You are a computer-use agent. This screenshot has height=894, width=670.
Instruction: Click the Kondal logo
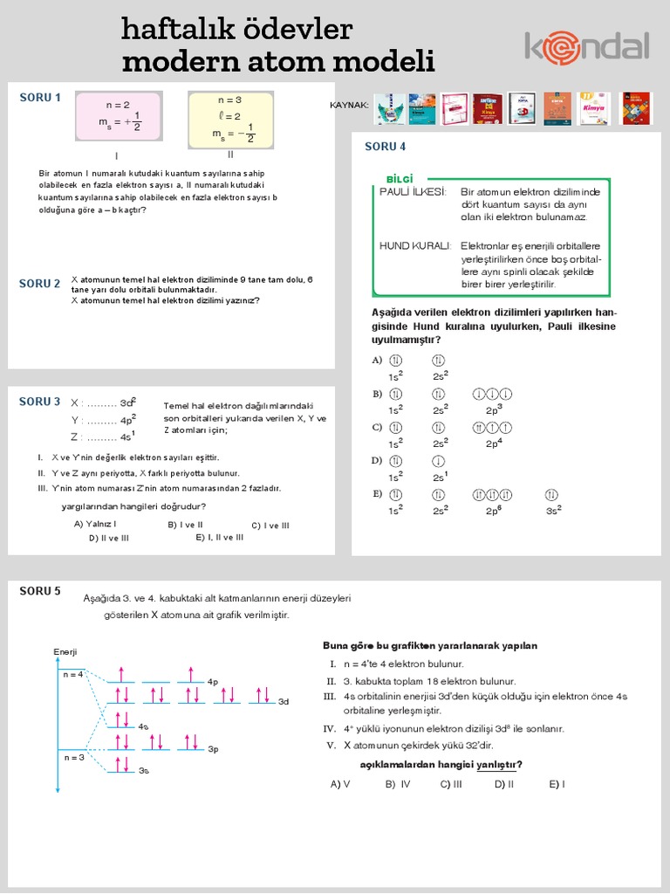[586, 46]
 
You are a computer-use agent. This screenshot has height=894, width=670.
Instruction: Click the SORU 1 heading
[40, 98]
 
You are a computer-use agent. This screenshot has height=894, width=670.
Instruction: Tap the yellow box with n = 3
[230, 119]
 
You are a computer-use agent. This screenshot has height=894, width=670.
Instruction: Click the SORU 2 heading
[40, 284]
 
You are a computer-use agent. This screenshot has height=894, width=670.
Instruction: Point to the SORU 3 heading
[40, 402]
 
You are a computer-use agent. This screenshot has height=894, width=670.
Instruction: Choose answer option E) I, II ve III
[220, 538]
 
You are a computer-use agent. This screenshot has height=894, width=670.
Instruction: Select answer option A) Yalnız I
[95, 525]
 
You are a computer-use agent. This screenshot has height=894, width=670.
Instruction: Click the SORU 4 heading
[385, 147]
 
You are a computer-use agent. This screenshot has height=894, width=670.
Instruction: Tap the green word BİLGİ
[400, 179]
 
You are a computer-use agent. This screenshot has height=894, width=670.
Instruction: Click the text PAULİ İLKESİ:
[414, 191]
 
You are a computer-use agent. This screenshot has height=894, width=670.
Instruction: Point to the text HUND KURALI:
[415, 246]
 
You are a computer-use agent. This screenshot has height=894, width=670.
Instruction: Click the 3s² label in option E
[553, 510]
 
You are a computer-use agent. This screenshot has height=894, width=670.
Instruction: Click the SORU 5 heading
[40, 591]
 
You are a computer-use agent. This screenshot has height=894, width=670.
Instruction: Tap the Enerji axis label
[65, 652]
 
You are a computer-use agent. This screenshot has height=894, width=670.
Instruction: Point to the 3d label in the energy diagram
[283, 702]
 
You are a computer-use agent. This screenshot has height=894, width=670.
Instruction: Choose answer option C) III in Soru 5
[451, 784]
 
